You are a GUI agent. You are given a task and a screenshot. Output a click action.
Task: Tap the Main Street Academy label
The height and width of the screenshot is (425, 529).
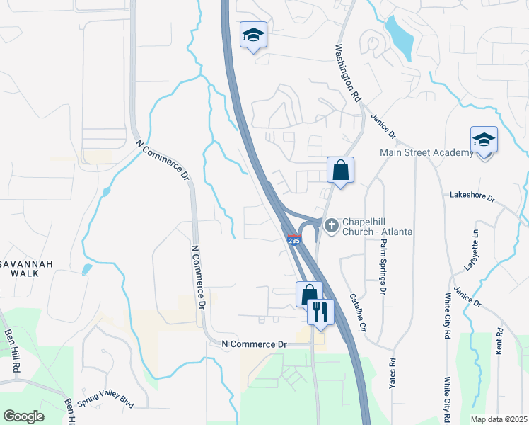426,152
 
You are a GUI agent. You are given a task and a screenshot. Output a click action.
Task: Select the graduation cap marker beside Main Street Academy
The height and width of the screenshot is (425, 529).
484,140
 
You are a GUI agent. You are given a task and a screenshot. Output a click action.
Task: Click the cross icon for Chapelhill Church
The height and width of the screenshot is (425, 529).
331,225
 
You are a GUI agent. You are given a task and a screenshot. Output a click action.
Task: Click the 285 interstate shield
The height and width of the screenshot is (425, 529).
294,241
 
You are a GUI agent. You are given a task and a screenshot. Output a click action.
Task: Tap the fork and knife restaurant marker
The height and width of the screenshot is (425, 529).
320,311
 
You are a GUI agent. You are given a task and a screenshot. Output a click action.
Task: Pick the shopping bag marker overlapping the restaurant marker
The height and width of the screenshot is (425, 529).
308,293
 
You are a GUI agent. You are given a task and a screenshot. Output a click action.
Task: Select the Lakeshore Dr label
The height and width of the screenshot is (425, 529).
472,195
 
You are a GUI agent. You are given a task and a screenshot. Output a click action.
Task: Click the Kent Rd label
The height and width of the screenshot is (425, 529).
500,341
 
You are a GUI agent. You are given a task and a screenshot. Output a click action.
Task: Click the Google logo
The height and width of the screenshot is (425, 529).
23,416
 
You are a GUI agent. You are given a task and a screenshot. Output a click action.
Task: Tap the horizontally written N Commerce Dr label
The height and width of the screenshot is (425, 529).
252,344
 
